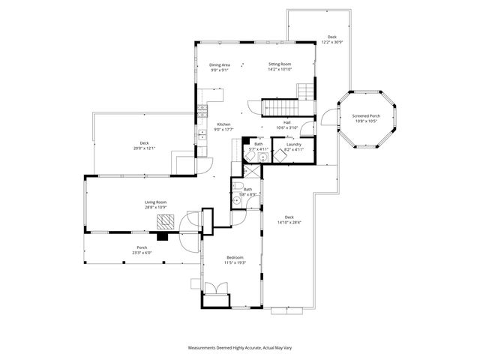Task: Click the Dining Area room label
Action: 220,65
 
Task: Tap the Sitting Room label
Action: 280,65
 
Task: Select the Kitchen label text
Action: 223,124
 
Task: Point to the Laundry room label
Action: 293,144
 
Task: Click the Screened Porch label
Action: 367,115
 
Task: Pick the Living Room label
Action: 155,202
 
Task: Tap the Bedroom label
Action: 235,257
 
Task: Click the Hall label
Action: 286,122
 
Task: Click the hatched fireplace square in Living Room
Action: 166,221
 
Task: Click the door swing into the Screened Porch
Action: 327,116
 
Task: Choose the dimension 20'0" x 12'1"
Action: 144,148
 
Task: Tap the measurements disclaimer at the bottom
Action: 239,348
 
